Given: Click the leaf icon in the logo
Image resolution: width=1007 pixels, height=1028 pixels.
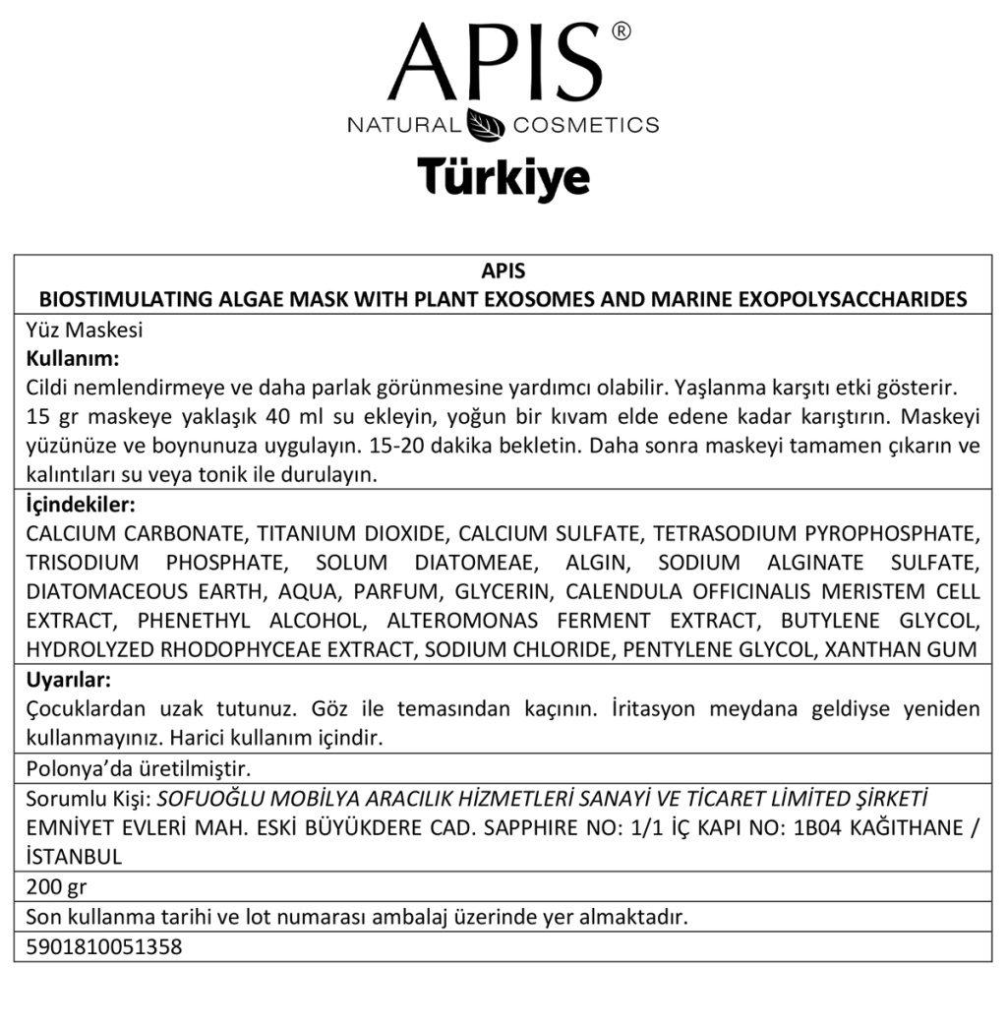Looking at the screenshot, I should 486,126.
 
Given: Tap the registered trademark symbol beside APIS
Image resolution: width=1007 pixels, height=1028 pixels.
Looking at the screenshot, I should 621,32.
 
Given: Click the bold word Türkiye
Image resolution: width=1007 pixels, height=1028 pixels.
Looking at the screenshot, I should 503,177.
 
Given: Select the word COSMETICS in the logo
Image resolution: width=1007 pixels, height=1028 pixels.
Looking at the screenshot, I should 586,126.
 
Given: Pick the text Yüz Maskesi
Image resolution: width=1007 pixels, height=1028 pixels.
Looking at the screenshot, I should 85,331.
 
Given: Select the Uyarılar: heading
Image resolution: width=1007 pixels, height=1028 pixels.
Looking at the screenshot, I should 68,680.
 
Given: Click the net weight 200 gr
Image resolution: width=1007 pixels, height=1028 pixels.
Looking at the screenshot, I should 56,886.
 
